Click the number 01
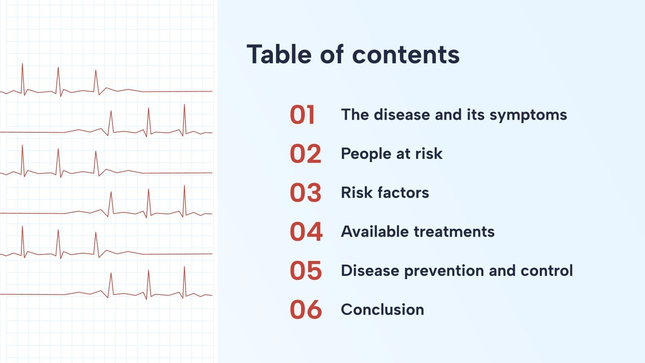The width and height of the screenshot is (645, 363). coord(302,115)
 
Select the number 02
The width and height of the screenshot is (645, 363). coord(306,154)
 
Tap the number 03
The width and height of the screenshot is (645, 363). coord(306,193)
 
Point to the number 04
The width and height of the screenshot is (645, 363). coord(306,232)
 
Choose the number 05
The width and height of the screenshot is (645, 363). coord(306,271)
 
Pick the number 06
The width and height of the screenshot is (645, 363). coord(306,310)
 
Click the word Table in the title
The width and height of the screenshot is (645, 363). coord(279,54)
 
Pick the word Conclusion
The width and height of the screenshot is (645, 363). coord(383,310)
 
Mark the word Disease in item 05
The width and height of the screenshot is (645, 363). coord(370,271)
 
